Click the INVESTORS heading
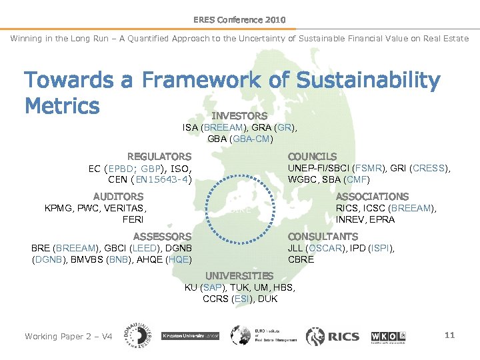239,116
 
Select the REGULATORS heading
159,157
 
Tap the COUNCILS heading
312,157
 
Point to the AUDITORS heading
118,197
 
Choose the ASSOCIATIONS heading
372,197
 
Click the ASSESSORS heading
162,237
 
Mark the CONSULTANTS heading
323,237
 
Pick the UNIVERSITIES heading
239,276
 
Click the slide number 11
449,335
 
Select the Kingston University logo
191,336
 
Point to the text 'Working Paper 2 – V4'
69,336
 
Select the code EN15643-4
163,179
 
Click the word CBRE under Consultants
301,259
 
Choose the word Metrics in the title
61,105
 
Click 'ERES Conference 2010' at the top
239,20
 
